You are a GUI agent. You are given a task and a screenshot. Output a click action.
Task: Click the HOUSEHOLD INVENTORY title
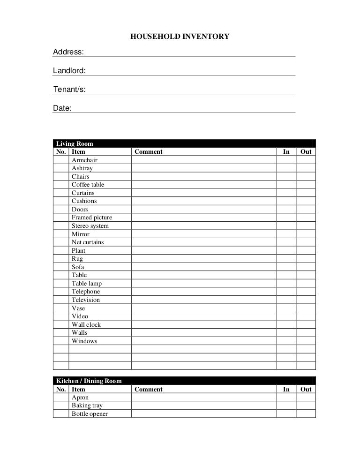pos(180,36)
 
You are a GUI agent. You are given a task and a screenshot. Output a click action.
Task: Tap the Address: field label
pos(68,52)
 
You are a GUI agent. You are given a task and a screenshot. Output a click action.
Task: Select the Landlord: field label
pos(69,70)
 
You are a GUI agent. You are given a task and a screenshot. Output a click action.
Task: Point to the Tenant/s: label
pos(69,89)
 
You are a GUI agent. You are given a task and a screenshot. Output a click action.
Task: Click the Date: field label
pos(62,108)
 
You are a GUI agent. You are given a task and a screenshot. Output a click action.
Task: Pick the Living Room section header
pos(75,143)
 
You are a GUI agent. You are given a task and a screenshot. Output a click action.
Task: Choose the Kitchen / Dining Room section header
pos(89,381)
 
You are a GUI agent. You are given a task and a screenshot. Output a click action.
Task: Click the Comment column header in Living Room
pos(148,151)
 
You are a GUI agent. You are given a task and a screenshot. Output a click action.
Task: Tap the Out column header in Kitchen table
pos(306,389)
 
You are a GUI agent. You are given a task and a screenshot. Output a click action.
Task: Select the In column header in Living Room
pos(286,151)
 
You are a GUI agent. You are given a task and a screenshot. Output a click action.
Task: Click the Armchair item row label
pos(84,160)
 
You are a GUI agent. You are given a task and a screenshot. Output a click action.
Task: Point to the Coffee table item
pos(88,185)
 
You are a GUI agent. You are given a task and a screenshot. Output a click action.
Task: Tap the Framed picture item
pos(91,218)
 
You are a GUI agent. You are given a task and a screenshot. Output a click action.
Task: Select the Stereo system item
pos(90,226)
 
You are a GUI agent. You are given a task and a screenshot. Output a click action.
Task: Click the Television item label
pos(85,300)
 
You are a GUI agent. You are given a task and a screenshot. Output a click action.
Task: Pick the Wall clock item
pos(86,324)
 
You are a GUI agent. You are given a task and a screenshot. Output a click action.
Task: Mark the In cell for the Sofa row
pos(286,267)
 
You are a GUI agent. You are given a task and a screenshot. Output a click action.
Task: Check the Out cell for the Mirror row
pos(306,234)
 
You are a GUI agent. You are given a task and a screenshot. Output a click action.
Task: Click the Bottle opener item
pos(90,414)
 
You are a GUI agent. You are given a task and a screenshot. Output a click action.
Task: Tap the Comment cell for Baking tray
pos(203,406)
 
